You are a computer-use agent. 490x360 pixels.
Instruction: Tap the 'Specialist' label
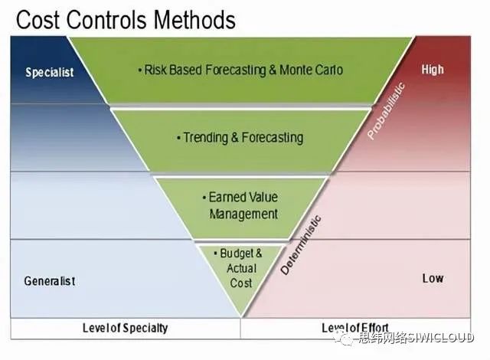tap(50, 73)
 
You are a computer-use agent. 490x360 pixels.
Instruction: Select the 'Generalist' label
tap(50, 281)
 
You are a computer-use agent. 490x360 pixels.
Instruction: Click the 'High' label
tap(433, 70)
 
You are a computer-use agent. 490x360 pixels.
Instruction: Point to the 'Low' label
tap(433, 278)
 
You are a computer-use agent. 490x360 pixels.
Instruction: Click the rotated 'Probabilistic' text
tap(386, 111)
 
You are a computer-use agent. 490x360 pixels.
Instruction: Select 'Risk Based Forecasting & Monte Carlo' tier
tap(240, 70)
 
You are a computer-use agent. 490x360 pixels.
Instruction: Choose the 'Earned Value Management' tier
tap(243, 205)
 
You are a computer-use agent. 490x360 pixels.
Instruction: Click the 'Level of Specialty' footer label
tap(125, 328)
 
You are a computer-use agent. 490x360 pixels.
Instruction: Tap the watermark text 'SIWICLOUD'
tap(448, 338)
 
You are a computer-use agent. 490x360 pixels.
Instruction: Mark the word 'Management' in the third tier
tap(243, 214)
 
